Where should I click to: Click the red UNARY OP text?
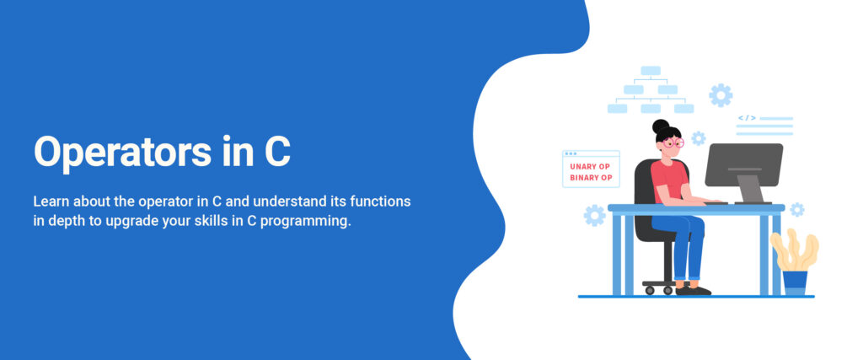click(x=590, y=166)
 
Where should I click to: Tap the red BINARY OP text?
click(x=590, y=178)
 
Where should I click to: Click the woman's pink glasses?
click(x=671, y=142)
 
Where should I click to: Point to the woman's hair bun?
click(x=660, y=126)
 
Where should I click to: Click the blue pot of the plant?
click(x=794, y=282)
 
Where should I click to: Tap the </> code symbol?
click(x=747, y=118)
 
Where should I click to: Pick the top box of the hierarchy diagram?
click(x=650, y=71)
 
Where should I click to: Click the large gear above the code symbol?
click(x=721, y=94)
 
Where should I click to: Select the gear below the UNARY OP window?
click(x=594, y=216)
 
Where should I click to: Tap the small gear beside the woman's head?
click(x=698, y=138)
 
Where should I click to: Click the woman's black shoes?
click(x=693, y=289)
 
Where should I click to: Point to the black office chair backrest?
click(x=644, y=181)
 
